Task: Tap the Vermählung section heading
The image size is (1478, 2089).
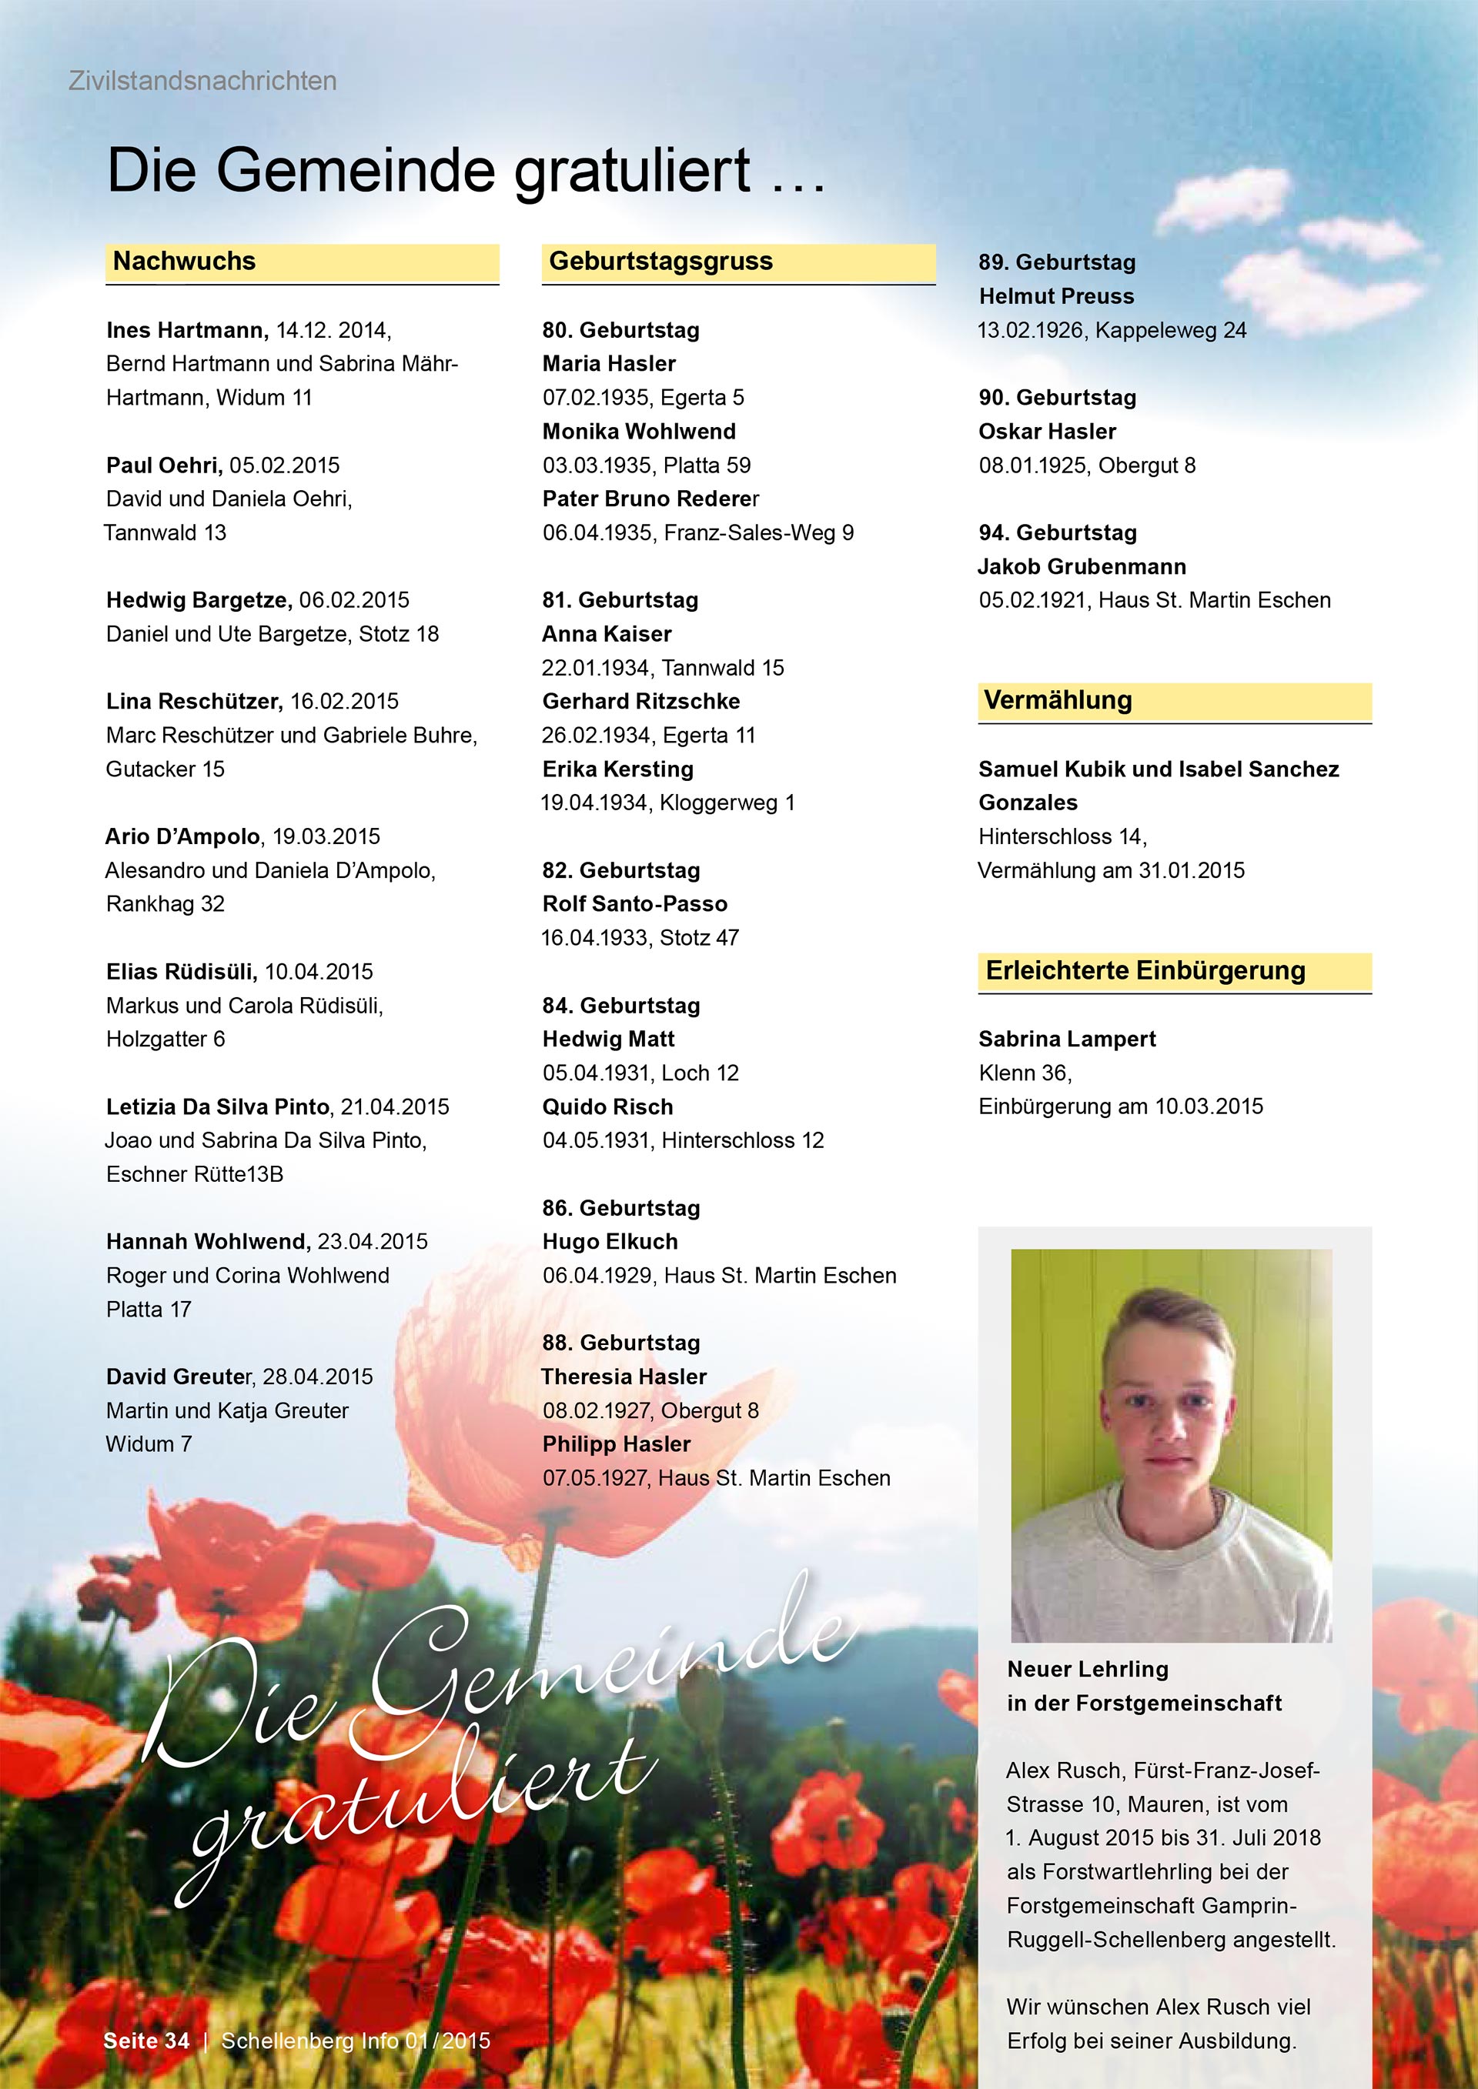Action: [x=1058, y=701]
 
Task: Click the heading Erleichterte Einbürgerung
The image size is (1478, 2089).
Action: [x=1145, y=971]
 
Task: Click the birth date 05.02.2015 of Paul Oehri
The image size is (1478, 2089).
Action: [x=284, y=465]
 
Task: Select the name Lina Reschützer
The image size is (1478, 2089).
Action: [x=194, y=702]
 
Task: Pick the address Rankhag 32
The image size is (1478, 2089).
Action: [x=165, y=903]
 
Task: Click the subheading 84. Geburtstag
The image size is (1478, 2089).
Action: [x=620, y=1006]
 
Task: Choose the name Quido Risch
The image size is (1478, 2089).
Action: [x=607, y=1106]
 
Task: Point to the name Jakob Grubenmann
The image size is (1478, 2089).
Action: [x=1082, y=567]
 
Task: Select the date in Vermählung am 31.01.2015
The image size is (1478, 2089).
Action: [x=1192, y=871]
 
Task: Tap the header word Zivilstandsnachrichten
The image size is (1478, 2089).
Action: [x=202, y=81]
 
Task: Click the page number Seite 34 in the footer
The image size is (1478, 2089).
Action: [x=146, y=2041]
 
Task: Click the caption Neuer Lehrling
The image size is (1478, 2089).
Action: [x=1088, y=1670]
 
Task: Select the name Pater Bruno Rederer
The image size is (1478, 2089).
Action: [x=650, y=499]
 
